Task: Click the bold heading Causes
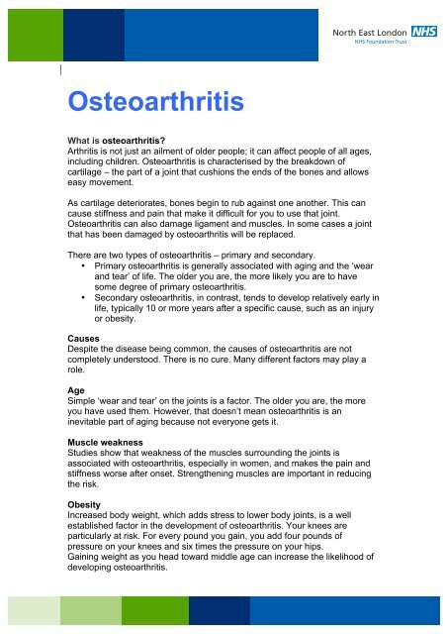tap(83, 337)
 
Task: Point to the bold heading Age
tap(74, 390)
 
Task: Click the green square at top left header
tap(19, 30)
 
